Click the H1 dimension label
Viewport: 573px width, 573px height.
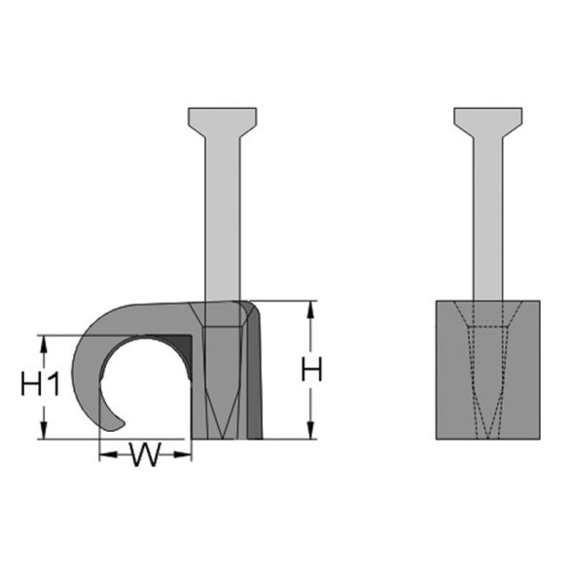point(41,385)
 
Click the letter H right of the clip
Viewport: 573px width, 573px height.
point(310,371)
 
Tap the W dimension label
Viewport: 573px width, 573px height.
point(145,454)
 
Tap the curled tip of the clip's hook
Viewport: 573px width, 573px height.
point(115,420)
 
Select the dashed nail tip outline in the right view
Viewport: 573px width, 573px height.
point(486,399)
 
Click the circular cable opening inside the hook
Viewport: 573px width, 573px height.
point(146,385)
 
